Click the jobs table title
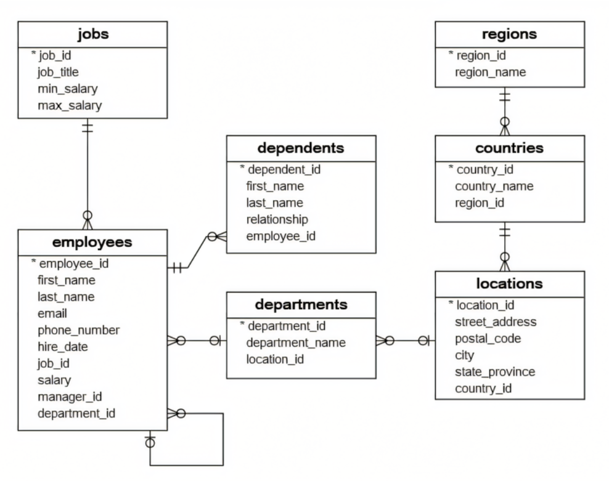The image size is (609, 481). pyautogui.click(x=92, y=34)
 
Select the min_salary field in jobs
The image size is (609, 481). pyautogui.click(x=67, y=89)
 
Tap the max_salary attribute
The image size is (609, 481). pyautogui.click(x=69, y=105)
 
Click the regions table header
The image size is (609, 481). pyautogui.click(x=509, y=34)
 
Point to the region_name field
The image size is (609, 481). pyautogui.click(x=490, y=72)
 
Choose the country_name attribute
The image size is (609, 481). pyautogui.click(x=494, y=186)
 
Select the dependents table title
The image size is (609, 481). pyautogui.click(x=301, y=148)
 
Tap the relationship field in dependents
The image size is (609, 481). pyautogui.click(x=277, y=219)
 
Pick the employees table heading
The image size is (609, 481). pyautogui.click(x=92, y=242)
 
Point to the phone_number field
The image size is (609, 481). pyautogui.click(x=78, y=330)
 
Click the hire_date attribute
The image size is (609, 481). pyautogui.click(x=62, y=347)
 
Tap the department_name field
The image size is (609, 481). pyautogui.click(x=295, y=342)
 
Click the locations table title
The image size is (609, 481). pyautogui.click(x=509, y=284)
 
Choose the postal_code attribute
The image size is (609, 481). pyautogui.click(x=488, y=338)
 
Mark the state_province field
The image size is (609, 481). pyautogui.click(x=494, y=371)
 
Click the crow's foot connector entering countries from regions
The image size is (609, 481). pyautogui.click(x=505, y=127)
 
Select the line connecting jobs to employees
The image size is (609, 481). pyautogui.click(x=88, y=166)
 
